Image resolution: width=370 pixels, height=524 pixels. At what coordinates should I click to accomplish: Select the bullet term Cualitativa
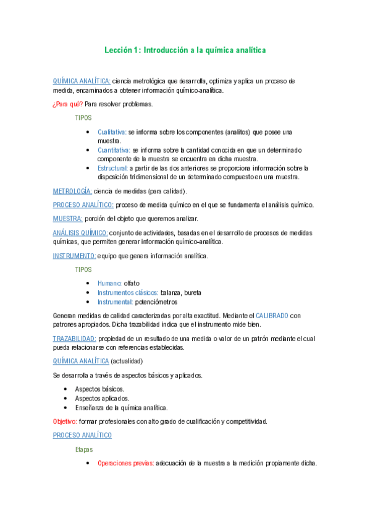(112, 132)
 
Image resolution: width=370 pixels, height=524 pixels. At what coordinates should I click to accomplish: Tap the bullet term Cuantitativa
(114, 150)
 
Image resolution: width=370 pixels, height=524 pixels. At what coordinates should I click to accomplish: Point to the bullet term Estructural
(112, 168)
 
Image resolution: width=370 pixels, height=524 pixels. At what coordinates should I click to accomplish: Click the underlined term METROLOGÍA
(72, 191)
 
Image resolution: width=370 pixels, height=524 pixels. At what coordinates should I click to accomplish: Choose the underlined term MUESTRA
(68, 219)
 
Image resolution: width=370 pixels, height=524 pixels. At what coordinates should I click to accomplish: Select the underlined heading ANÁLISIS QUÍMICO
(80, 233)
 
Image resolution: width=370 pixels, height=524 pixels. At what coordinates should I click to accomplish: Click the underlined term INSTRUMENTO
(74, 256)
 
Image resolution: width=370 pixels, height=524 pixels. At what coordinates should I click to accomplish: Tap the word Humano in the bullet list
(109, 283)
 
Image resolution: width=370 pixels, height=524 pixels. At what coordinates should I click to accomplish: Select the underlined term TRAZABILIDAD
(74, 339)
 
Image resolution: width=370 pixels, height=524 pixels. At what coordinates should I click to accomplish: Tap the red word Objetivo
(64, 421)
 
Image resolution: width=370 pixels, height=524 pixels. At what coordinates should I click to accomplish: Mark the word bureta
(191, 292)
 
